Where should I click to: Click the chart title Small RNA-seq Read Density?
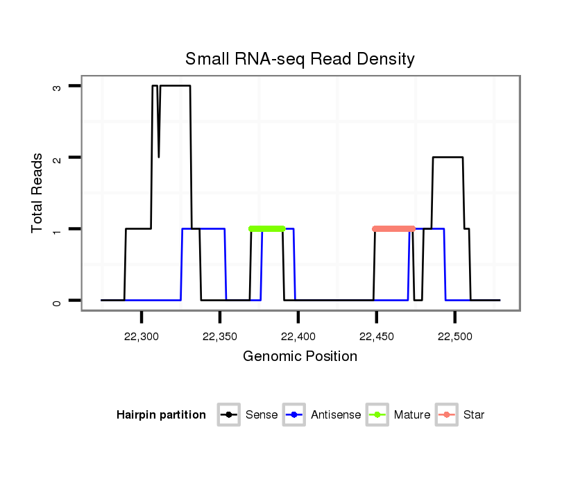[300, 59]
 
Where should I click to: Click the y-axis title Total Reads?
[38, 193]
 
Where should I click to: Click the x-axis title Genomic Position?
[300, 357]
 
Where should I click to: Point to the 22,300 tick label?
[142, 337]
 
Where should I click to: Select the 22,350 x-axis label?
[220, 337]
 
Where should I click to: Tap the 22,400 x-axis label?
[298, 337]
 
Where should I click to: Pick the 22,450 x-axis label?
[377, 337]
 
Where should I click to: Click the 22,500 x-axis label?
[454, 337]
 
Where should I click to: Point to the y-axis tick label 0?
[57, 301]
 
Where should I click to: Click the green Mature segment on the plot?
[267, 228]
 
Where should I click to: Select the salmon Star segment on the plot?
[393, 228]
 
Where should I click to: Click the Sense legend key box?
[228, 415]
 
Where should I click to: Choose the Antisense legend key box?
[295, 415]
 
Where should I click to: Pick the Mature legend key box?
[377, 415]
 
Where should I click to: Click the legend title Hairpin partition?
[161, 415]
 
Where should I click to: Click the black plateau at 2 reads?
[448, 158]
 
